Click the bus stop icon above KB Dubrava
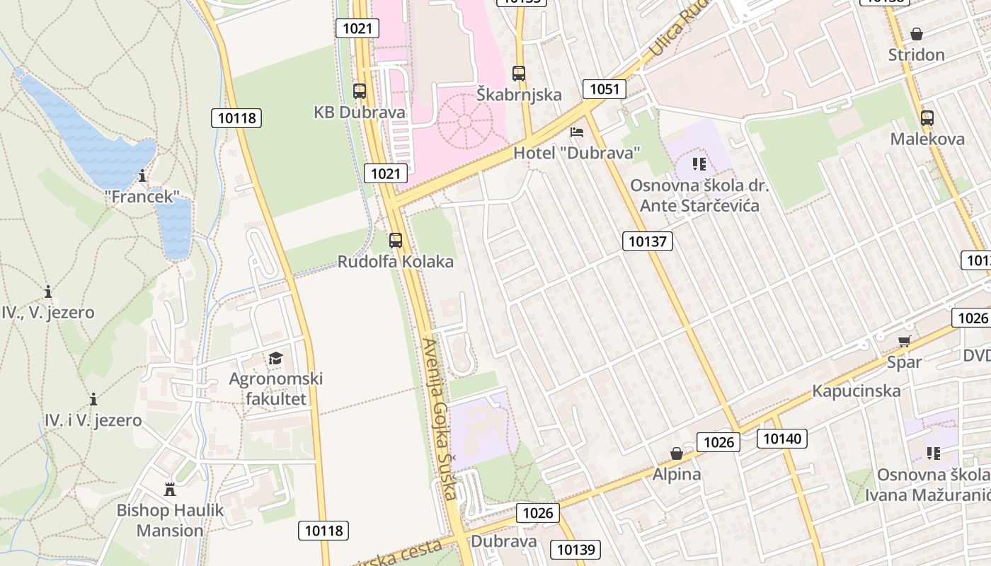(360, 91)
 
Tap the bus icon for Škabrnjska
(519, 73)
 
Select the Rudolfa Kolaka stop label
(395, 262)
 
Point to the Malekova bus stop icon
(927, 118)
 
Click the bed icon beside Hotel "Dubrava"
(577, 132)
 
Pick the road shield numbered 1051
(605, 89)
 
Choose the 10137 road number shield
(648, 241)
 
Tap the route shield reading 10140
(782, 439)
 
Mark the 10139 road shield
(578, 549)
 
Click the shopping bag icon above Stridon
(917, 34)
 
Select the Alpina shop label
(677, 474)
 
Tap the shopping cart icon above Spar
(904, 342)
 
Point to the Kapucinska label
(857, 391)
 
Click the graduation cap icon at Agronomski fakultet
(275, 359)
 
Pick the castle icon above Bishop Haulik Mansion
(170, 490)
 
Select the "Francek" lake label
(142, 197)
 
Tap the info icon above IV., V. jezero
(48, 291)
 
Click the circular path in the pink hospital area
(465, 122)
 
